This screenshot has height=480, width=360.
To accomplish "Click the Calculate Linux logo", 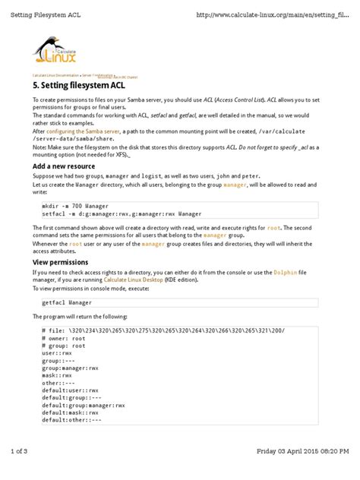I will point(55,53).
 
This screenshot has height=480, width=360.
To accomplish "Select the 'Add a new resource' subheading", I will point(63,166).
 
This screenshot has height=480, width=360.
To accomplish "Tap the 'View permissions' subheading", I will point(59,261).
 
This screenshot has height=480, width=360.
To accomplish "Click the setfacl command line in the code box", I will point(122,214).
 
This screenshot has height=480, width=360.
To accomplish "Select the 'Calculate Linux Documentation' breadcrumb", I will point(55,75).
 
